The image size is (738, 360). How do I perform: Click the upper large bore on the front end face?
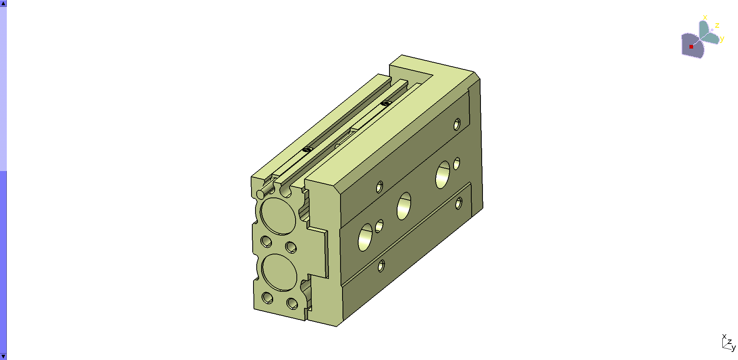[x=278, y=216]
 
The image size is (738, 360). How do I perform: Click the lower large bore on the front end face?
[x=279, y=273]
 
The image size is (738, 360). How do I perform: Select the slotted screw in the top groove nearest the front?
[x=307, y=150]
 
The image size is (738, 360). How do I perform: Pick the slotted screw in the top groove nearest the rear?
[x=385, y=103]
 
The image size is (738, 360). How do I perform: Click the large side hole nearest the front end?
[x=365, y=237]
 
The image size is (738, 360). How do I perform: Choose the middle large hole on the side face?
[x=404, y=206]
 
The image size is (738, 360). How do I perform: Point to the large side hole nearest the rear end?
[x=443, y=175]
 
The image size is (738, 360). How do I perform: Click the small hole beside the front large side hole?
[x=379, y=226]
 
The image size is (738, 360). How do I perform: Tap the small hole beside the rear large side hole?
[x=456, y=164]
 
